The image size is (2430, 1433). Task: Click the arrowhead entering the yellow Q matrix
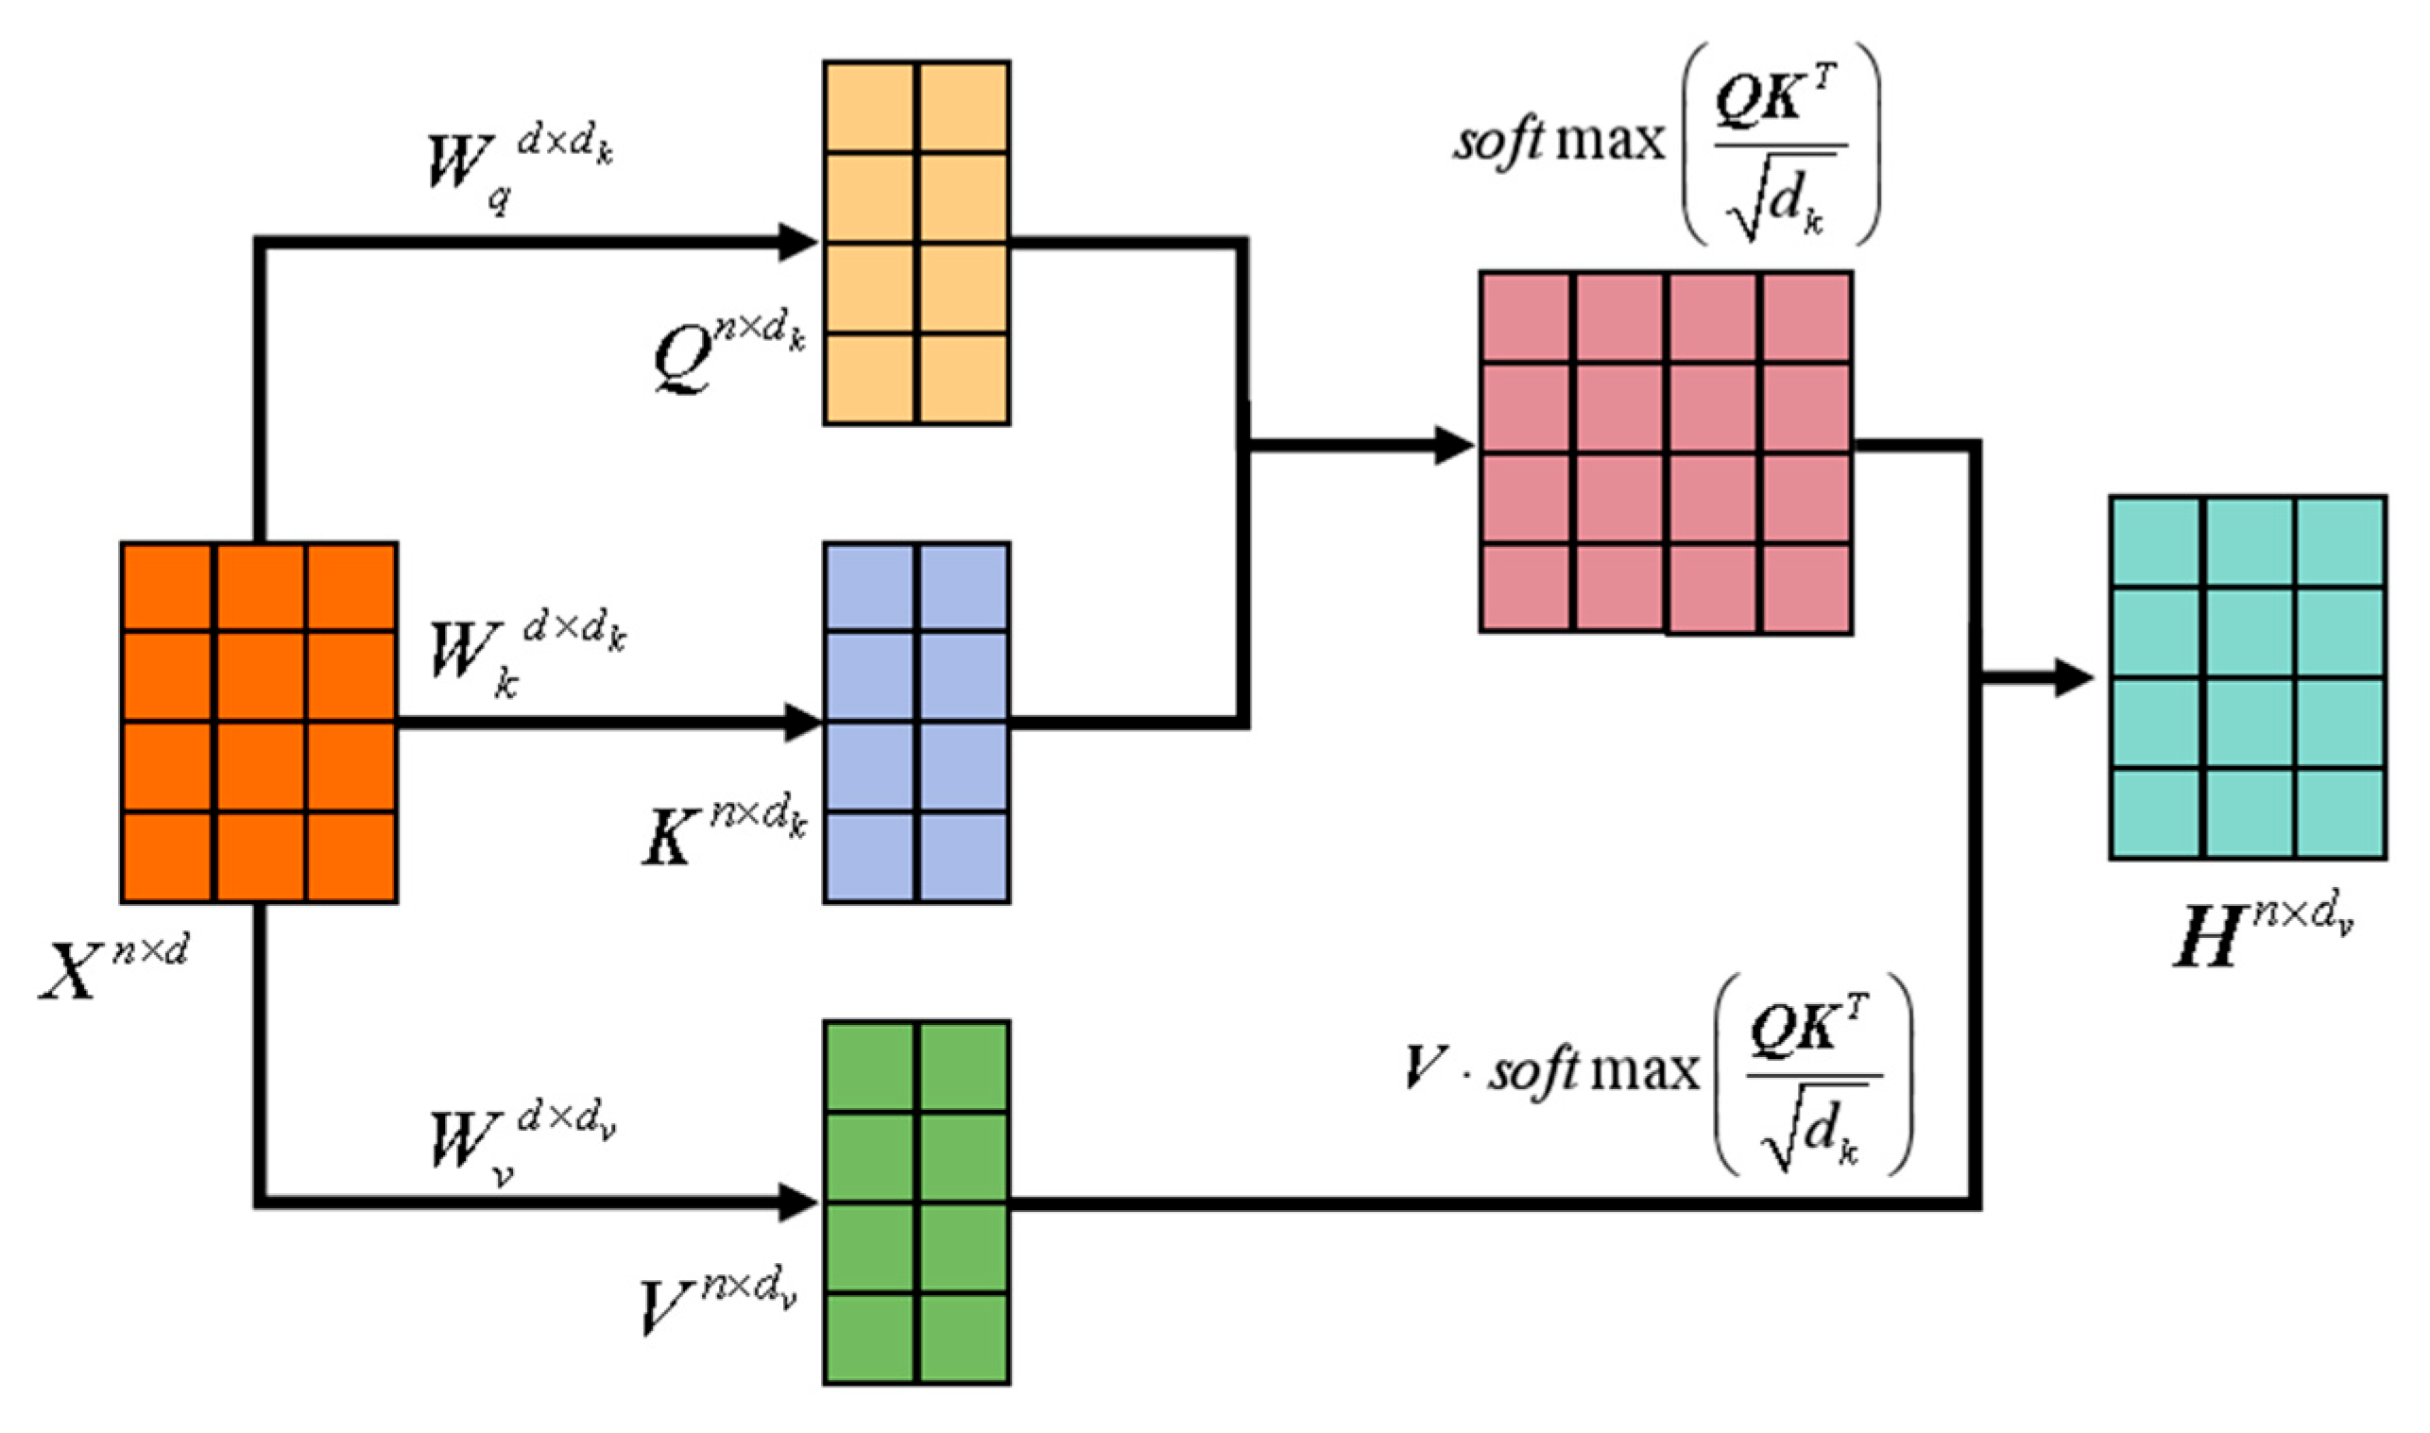798,242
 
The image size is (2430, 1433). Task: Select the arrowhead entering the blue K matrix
800,723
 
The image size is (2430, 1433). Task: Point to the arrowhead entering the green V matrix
798,1203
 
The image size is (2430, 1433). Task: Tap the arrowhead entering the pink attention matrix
1452,445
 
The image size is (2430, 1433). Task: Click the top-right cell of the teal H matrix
2339,541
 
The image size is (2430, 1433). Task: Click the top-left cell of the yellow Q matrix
869,107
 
